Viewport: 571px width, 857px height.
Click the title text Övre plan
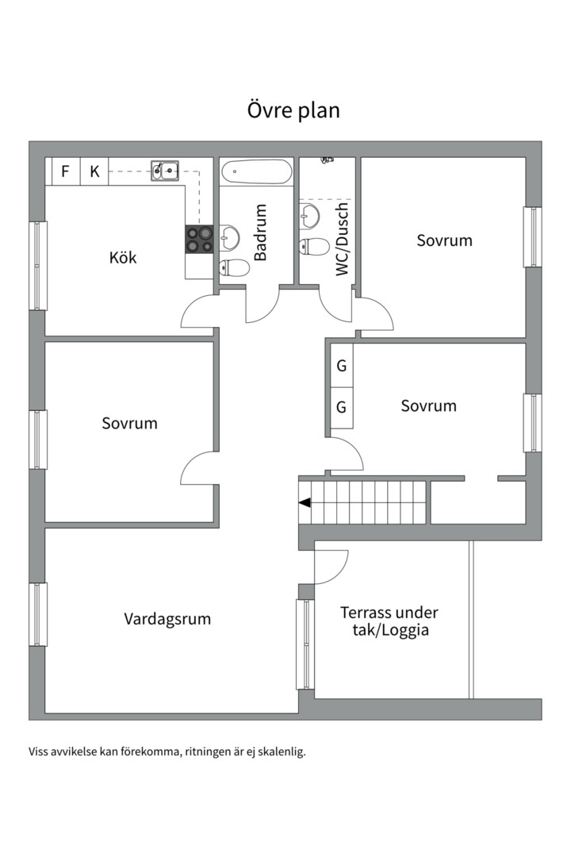(293, 110)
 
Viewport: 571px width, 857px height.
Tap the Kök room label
(123, 257)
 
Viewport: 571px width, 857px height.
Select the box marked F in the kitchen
(65, 171)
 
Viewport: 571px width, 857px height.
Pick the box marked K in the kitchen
(94, 171)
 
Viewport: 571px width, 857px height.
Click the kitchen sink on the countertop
(166, 168)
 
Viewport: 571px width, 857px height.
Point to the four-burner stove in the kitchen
(199, 240)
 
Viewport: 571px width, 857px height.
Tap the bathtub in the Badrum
(256, 171)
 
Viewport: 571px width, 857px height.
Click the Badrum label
(260, 233)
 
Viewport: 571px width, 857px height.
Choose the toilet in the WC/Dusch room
(315, 246)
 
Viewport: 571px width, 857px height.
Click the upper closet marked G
(342, 367)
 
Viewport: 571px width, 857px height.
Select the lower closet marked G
(342, 408)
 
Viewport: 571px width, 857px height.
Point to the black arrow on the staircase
(305, 502)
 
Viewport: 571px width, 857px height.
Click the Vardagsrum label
(167, 619)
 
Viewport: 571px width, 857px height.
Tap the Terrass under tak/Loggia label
(389, 621)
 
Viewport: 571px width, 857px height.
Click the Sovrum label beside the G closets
(428, 406)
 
